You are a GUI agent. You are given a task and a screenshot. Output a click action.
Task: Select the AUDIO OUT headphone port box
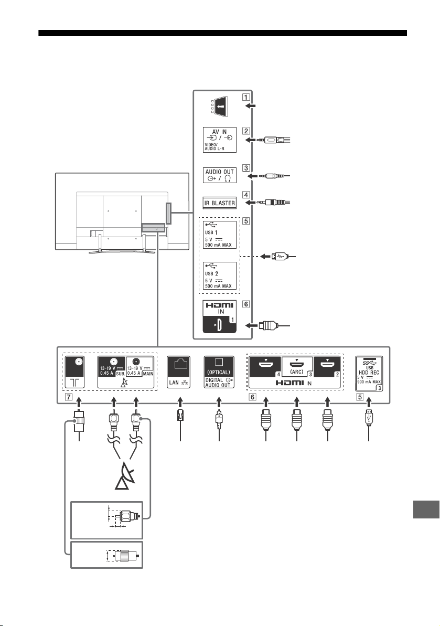(219, 175)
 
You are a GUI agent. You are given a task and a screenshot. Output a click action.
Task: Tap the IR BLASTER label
(219, 203)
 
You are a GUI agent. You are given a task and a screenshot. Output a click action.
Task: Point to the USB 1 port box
(219, 235)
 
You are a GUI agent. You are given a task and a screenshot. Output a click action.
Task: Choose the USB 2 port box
(219, 275)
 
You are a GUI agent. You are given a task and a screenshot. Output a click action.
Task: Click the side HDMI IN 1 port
(219, 316)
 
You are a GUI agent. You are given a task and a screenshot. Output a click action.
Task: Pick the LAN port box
(178, 372)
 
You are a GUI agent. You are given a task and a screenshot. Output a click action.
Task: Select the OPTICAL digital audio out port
(219, 372)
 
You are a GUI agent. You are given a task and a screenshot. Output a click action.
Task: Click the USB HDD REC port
(369, 373)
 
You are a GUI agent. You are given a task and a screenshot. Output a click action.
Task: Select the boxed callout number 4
(246, 195)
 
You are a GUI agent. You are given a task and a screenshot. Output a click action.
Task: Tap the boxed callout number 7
(69, 397)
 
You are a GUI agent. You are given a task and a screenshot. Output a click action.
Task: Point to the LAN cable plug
(179, 417)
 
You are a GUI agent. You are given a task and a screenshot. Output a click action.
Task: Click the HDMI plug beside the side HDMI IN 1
(267, 326)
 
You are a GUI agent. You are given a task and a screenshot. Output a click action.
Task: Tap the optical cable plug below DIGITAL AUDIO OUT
(219, 419)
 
